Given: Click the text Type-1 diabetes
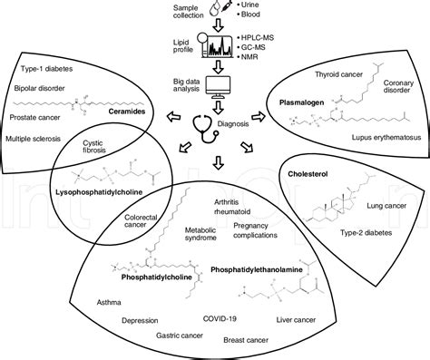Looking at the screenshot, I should point(44,68).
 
